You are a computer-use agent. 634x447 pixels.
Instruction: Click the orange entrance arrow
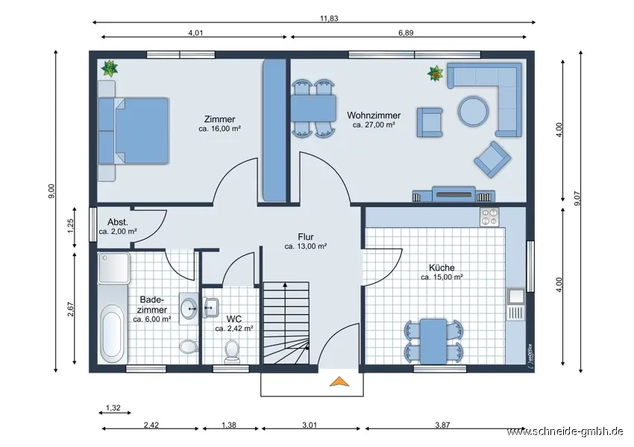339,381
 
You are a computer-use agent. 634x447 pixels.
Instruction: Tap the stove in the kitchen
489,217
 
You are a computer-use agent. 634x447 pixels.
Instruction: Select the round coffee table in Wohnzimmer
473,111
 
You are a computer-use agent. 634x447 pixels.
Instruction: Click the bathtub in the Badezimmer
113,334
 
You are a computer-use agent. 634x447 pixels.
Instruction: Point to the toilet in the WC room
232,352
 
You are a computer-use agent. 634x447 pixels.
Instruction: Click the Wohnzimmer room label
374,115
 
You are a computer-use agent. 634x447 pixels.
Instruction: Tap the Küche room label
442,267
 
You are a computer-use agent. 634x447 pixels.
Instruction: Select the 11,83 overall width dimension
329,18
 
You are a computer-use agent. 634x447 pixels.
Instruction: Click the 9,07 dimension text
577,198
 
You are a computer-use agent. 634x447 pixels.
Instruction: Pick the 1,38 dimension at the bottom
229,425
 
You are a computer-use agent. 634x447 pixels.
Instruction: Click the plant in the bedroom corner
109,69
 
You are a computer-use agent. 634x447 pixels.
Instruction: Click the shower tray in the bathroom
114,267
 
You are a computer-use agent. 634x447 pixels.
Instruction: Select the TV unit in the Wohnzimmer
453,194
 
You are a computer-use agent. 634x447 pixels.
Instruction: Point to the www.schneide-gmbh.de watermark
565,431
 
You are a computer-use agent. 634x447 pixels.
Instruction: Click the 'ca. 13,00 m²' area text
306,247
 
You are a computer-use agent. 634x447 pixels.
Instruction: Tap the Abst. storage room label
118,222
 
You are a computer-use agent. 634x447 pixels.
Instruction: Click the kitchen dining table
433,341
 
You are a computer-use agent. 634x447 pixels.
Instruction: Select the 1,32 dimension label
113,408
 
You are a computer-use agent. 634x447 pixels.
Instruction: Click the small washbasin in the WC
211,308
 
